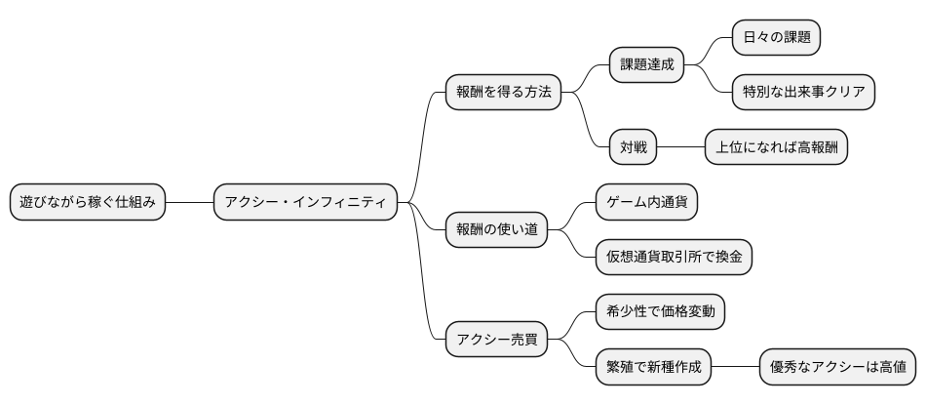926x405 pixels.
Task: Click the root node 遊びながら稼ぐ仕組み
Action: [x=87, y=203]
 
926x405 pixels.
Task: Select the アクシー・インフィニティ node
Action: [x=305, y=203]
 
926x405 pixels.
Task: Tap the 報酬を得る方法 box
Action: [x=502, y=93]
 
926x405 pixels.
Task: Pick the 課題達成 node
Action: [x=646, y=65]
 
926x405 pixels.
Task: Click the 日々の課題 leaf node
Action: [x=776, y=38]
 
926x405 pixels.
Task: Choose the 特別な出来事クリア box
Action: [x=803, y=93]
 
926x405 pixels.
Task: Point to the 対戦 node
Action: [x=633, y=148]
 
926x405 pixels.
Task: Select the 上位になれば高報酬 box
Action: [x=776, y=148]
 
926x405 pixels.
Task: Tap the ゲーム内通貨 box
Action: [x=646, y=203]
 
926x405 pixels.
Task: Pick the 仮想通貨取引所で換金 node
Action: [x=674, y=258]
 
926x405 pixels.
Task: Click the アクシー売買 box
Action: [x=495, y=341]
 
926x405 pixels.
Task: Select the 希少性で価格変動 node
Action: [x=660, y=313]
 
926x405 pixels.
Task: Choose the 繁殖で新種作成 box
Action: [x=653, y=368]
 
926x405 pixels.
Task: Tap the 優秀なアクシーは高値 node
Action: [x=838, y=368]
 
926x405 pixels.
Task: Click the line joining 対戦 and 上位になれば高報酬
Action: [x=680, y=148]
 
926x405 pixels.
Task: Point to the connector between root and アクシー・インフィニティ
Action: [x=188, y=203]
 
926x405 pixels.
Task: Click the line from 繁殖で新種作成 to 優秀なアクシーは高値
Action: [x=735, y=368]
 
